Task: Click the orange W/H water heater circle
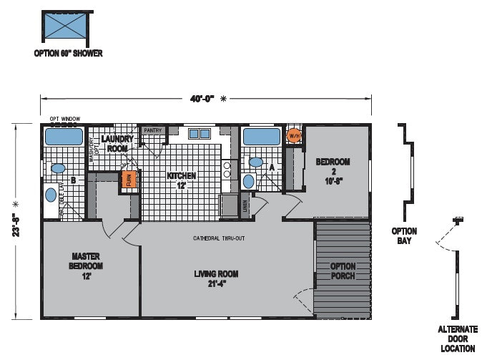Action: pyautogui.click(x=293, y=135)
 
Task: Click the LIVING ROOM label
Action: pyautogui.click(x=215, y=278)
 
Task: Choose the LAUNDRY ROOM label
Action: pyautogui.click(x=117, y=143)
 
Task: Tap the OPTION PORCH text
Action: pyautogui.click(x=343, y=271)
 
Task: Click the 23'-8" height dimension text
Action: pyautogui.click(x=14, y=221)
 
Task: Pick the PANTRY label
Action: pyautogui.click(x=152, y=130)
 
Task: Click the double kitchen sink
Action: pyautogui.click(x=199, y=133)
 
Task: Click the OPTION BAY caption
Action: pyautogui.click(x=405, y=235)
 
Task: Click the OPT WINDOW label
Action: pyautogui.click(x=64, y=118)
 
